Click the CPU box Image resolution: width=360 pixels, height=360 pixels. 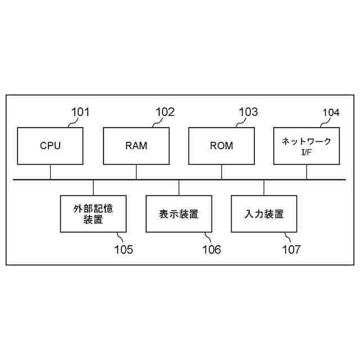point(50,146)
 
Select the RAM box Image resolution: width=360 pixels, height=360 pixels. point(136,146)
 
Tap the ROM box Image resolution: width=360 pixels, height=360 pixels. point(222,146)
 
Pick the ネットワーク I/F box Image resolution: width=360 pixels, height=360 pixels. point(307,146)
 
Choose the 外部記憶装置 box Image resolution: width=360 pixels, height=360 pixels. point(93,213)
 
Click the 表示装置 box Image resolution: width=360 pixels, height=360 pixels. point(179,213)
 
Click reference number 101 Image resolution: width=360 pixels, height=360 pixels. point(80,112)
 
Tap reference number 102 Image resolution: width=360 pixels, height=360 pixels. point(165,112)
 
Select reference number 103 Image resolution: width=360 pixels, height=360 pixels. point(249,112)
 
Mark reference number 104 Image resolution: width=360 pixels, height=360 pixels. point(331,112)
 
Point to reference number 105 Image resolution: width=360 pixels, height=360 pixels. point(124,249)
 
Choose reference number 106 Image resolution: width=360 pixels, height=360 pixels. point(211,249)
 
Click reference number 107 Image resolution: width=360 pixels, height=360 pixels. point(291,249)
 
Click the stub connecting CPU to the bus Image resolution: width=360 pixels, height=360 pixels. point(50,172)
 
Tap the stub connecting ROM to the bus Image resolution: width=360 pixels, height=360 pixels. point(222,172)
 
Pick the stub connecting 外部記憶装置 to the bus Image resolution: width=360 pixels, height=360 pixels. point(93,187)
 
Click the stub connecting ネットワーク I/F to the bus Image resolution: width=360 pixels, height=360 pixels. point(307,172)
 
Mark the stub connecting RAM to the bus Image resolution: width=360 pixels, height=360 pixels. point(136,172)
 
